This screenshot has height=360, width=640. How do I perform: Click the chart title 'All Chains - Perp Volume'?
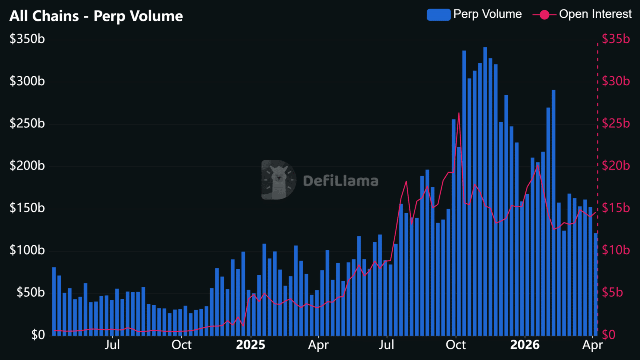pyautogui.click(x=96, y=16)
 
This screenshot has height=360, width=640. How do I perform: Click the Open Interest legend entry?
pyautogui.click(x=582, y=14)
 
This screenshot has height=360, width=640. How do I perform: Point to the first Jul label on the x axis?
pyautogui.click(x=113, y=345)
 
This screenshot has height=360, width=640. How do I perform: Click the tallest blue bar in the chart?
pyautogui.click(x=485, y=190)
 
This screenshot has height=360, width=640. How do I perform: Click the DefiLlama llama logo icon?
pyautogui.click(x=278, y=180)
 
